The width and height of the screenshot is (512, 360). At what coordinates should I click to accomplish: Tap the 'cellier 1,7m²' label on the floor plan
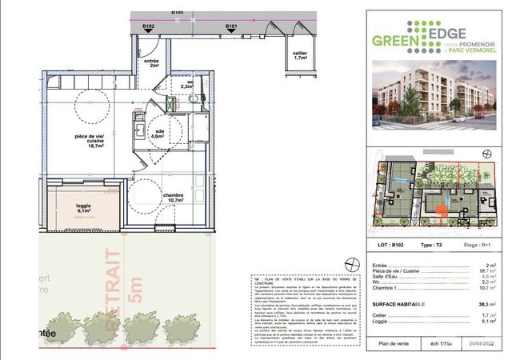[x=301, y=54]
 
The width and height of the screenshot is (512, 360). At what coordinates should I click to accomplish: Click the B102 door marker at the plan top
[x=148, y=26]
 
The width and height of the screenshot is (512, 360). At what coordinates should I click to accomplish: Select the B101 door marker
[x=232, y=26]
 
